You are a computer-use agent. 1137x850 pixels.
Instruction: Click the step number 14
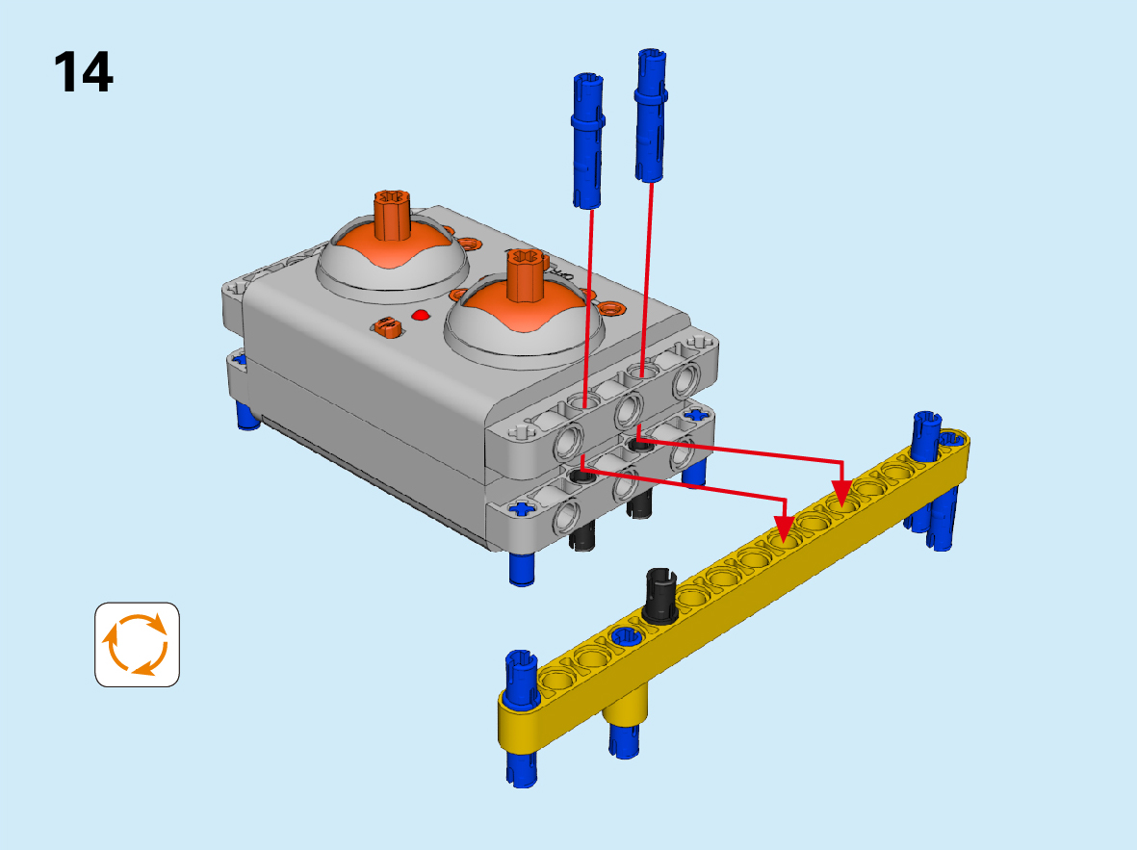click(84, 72)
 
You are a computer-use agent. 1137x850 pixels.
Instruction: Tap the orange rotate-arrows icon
click(137, 644)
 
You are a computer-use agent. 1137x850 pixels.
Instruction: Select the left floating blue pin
click(588, 141)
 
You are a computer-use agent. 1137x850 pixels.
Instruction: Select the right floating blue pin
click(651, 116)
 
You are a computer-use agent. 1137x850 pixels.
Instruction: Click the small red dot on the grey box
click(420, 316)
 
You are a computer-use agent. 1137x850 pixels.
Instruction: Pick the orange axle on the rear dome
click(392, 216)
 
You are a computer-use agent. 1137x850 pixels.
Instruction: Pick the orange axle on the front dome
click(525, 275)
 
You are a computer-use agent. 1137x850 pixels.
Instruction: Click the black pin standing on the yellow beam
click(659, 596)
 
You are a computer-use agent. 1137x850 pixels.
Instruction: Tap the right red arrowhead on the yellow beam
click(841, 492)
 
